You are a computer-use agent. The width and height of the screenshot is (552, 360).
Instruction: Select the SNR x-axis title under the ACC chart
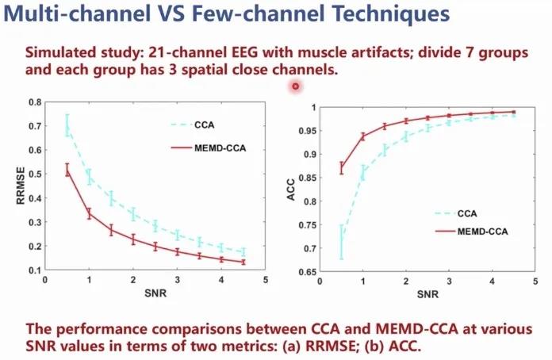point(426,293)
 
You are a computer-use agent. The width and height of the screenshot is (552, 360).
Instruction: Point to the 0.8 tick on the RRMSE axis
point(36,102)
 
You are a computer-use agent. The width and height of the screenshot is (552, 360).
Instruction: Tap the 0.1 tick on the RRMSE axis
point(36,270)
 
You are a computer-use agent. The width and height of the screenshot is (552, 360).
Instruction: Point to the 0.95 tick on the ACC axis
point(304,131)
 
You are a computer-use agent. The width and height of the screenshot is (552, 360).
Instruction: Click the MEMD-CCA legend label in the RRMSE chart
point(220,147)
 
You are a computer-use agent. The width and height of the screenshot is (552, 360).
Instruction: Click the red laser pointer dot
point(296,86)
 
